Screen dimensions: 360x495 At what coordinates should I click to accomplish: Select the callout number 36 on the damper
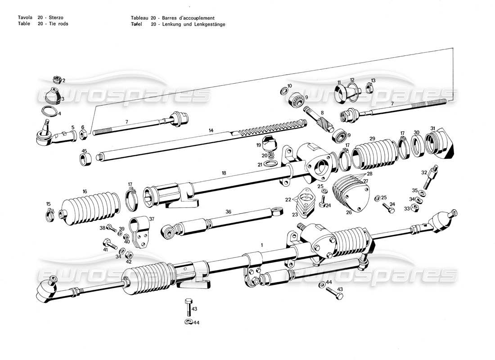(x=229, y=212)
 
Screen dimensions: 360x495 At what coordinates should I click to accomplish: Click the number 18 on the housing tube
(x=224, y=173)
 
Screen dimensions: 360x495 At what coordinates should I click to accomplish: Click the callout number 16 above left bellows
(x=85, y=191)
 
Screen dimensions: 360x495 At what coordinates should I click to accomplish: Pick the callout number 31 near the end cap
(x=433, y=128)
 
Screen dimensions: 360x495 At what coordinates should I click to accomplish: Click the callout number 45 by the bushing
(x=84, y=151)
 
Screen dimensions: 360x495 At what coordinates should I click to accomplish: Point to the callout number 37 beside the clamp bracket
(x=151, y=219)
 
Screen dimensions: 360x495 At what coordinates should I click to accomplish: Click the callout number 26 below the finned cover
(x=348, y=213)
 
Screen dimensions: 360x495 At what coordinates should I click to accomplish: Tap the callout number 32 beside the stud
(x=424, y=172)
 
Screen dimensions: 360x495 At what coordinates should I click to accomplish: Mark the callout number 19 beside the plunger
(x=259, y=145)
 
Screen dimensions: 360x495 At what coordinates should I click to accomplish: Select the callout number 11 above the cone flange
(x=339, y=81)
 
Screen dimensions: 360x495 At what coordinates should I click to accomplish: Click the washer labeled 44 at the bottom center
(x=188, y=321)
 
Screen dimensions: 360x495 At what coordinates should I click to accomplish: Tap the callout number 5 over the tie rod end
(x=73, y=128)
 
